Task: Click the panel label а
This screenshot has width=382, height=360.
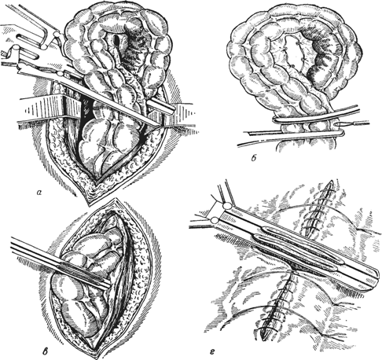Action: pyautogui.click(x=39, y=193)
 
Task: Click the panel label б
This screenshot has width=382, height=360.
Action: pyautogui.click(x=253, y=158)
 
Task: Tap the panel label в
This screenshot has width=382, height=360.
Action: pyautogui.click(x=46, y=351)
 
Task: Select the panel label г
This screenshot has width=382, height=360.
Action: pyautogui.click(x=212, y=350)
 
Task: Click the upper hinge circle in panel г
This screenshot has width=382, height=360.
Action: pyautogui.click(x=226, y=206)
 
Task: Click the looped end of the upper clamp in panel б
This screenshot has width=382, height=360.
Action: pyautogui.click(x=275, y=120)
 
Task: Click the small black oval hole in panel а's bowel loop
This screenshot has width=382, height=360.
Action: pyautogui.click(x=116, y=40)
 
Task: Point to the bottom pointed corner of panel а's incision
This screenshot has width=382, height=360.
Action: pyautogui.click(x=90, y=203)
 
